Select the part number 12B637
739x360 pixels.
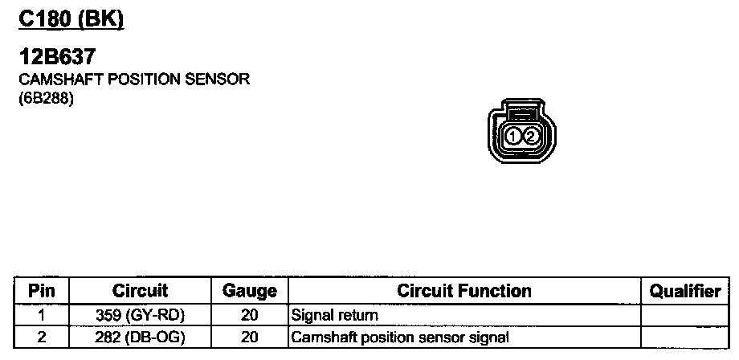click(58, 59)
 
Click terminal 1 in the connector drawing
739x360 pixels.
click(514, 137)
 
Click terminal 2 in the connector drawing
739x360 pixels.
click(531, 137)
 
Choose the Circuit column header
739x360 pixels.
click(140, 291)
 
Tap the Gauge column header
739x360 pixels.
click(249, 291)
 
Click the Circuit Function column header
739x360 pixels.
click(464, 291)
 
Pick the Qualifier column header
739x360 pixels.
click(684, 291)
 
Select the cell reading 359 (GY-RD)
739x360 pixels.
click(140, 316)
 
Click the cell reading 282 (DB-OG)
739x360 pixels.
click(140, 337)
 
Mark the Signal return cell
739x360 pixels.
click(334, 316)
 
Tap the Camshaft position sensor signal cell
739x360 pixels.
click(400, 337)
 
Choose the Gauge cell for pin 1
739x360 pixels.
click(249, 316)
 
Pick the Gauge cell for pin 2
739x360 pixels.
click(249, 337)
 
